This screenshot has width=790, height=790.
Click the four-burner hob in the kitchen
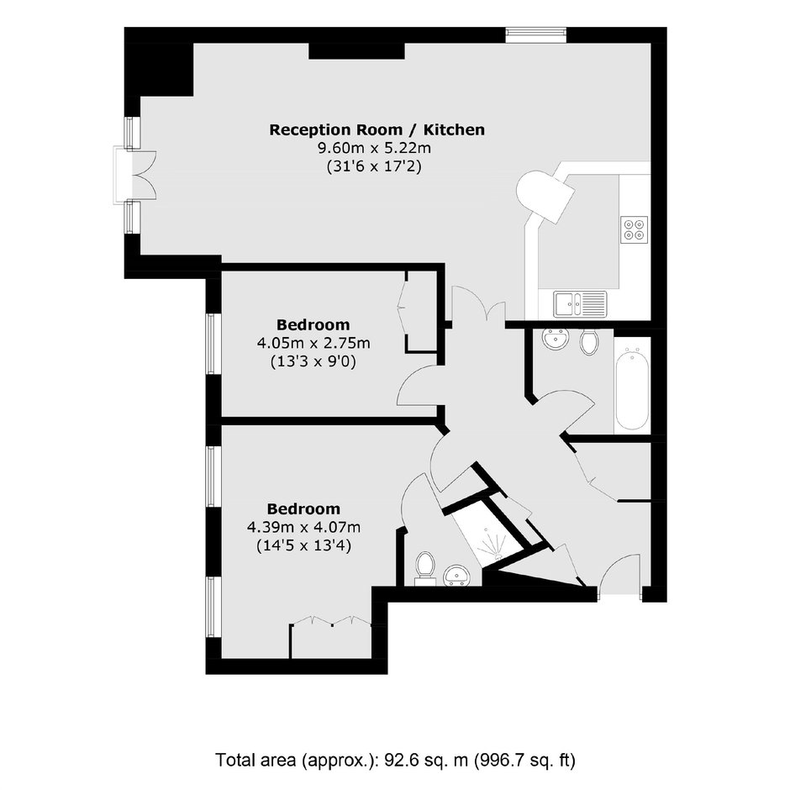coord(634,229)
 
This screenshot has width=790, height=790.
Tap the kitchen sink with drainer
coord(580,304)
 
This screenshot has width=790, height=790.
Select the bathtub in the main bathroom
coord(631,389)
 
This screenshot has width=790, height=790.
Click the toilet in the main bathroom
coord(588,343)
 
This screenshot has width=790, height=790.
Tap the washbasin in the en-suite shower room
coord(456,576)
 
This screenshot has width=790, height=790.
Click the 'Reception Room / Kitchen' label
coord(377,129)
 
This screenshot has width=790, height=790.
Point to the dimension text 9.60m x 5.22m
coord(374,148)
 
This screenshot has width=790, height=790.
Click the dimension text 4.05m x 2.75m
coord(313,343)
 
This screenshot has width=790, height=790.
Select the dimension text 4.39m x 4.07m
coord(303,528)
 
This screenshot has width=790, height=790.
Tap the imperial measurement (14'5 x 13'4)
coord(303,545)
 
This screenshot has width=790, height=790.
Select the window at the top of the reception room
coord(536,35)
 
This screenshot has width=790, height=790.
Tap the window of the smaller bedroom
coord(212,344)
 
